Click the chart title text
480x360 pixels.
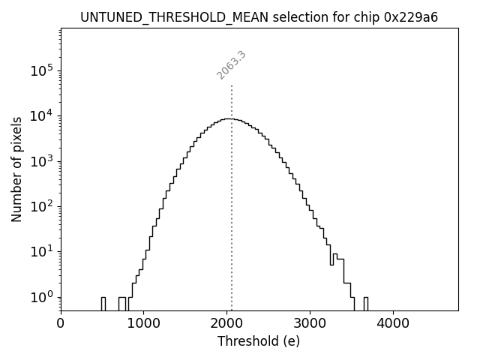tap(259, 17)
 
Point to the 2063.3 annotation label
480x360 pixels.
tap(232, 65)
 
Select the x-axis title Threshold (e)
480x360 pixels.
tap(259, 341)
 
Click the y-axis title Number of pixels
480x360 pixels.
tap(16, 169)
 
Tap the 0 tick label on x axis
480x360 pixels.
tap(61, 323)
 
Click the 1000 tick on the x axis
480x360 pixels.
tap(143, 323)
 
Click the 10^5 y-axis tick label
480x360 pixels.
tap(41, 70)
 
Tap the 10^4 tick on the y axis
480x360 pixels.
tap(41, 115)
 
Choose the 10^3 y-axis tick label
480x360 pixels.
tap(41, 161)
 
